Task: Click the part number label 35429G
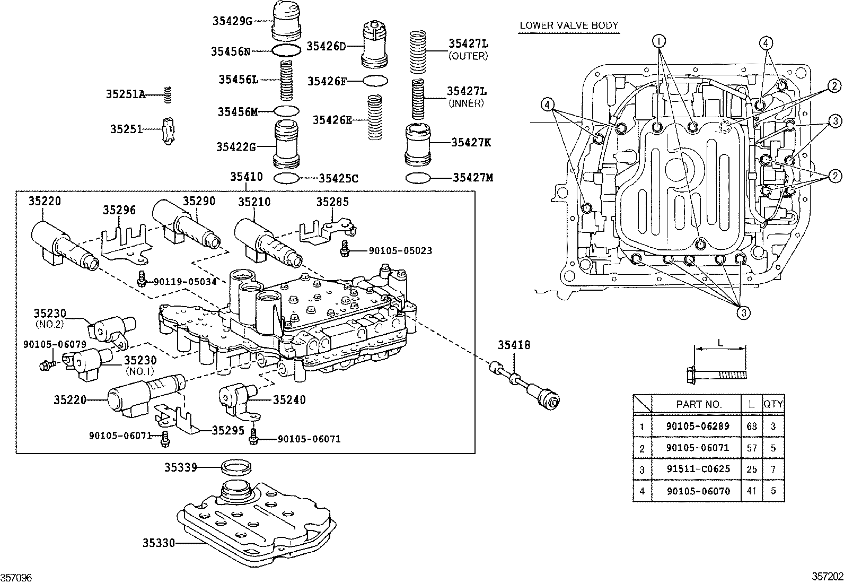[x=232, y=21]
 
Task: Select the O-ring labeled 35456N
[x=285, y=51]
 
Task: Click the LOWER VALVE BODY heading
[x=569, y=25]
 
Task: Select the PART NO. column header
[x=699, y=404]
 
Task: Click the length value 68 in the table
[x=751, y=426]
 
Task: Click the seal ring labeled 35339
[x=235, y=468]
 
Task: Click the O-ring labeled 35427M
[x=418, y=178]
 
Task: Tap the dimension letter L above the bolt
[x=720, y=343]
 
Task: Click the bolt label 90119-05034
[x=185, y=282]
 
